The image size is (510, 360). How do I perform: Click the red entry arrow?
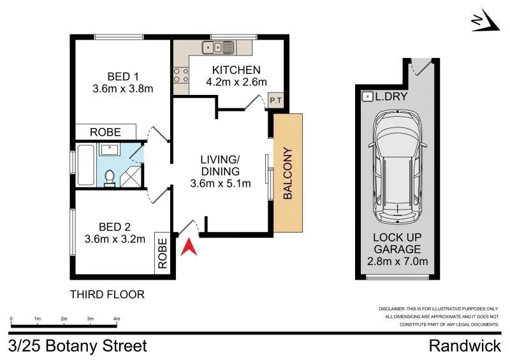[189, 248]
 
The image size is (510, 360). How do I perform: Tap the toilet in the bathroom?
[110, 179]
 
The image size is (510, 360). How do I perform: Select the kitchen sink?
[217, 48]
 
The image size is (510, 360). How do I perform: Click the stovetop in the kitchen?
[181, 75]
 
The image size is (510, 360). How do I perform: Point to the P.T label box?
[276, 101]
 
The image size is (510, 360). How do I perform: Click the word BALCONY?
[288, 173]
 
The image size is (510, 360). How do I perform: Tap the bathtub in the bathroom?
[86, 165]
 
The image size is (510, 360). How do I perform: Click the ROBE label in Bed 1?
[105, 132]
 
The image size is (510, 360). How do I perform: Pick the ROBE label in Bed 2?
[163, 254]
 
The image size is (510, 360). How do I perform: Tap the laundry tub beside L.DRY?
[368, 97]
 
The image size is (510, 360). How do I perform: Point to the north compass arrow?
[486, 20]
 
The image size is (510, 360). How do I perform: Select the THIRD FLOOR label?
[107, 294]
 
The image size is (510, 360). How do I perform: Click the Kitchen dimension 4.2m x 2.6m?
[237, 82]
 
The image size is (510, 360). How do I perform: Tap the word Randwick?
[465, 346]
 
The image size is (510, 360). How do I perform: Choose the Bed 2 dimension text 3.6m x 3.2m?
[115, 239]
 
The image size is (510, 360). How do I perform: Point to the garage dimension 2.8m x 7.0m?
[397, 261]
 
